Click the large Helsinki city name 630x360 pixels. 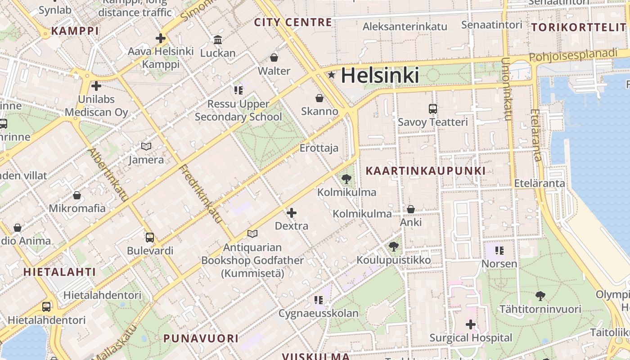point(380,75)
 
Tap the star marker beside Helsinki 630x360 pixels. point(332,75)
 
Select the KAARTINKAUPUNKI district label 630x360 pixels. point(426,171)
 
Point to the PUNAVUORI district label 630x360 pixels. point(201,338)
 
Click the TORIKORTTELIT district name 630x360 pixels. point(579,27)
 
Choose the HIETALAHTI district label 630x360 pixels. point(59,272)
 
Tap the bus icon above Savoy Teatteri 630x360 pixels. point(433,109)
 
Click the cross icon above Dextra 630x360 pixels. point(292,213)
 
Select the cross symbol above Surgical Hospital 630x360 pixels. point(471,324)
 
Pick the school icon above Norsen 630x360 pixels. point(499,251)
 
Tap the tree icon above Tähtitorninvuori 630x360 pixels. point(540,296)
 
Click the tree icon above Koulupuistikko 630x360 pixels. point(394,247)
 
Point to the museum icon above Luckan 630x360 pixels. point(218,40)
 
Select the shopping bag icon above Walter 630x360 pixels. point(274,58)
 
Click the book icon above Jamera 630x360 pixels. point(146,146)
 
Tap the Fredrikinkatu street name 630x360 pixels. point(201,194)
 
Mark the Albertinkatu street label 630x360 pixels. point(109,174)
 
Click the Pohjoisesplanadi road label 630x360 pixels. point(573,55)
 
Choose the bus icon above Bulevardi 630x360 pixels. point(150,237)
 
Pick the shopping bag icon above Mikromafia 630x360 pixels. point(77,195)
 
